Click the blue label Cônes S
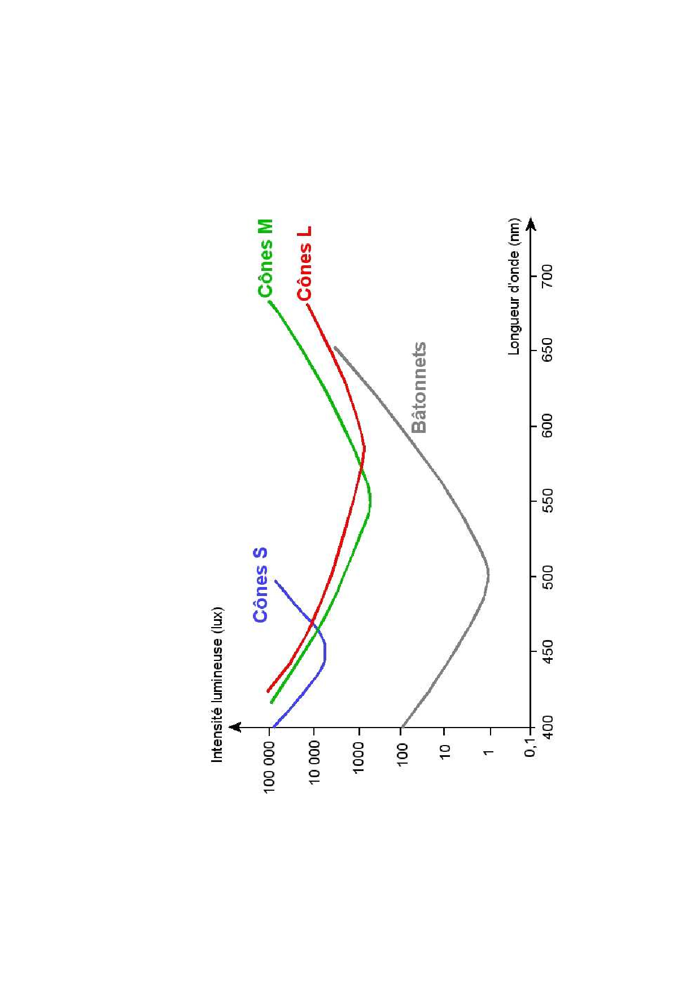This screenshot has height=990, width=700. click(260, 585)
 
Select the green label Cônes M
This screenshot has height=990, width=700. click(266, 258)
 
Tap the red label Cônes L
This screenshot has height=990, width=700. click(305, 264)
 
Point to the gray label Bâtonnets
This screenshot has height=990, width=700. click(419, 388)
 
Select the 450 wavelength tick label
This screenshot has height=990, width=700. click(547, 651)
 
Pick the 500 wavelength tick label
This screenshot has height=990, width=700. click(547, 576)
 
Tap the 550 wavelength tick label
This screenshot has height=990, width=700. click(547, 501)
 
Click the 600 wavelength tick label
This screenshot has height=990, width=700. click(547, 426)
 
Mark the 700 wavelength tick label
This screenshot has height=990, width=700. click(547, 275)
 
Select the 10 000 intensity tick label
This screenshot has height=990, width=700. click(314, 762)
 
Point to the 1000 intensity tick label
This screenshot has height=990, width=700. click(358, 757)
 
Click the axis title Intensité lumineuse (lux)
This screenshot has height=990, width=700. click(217, 685)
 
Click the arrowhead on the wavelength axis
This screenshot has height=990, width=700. click(531, 225)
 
